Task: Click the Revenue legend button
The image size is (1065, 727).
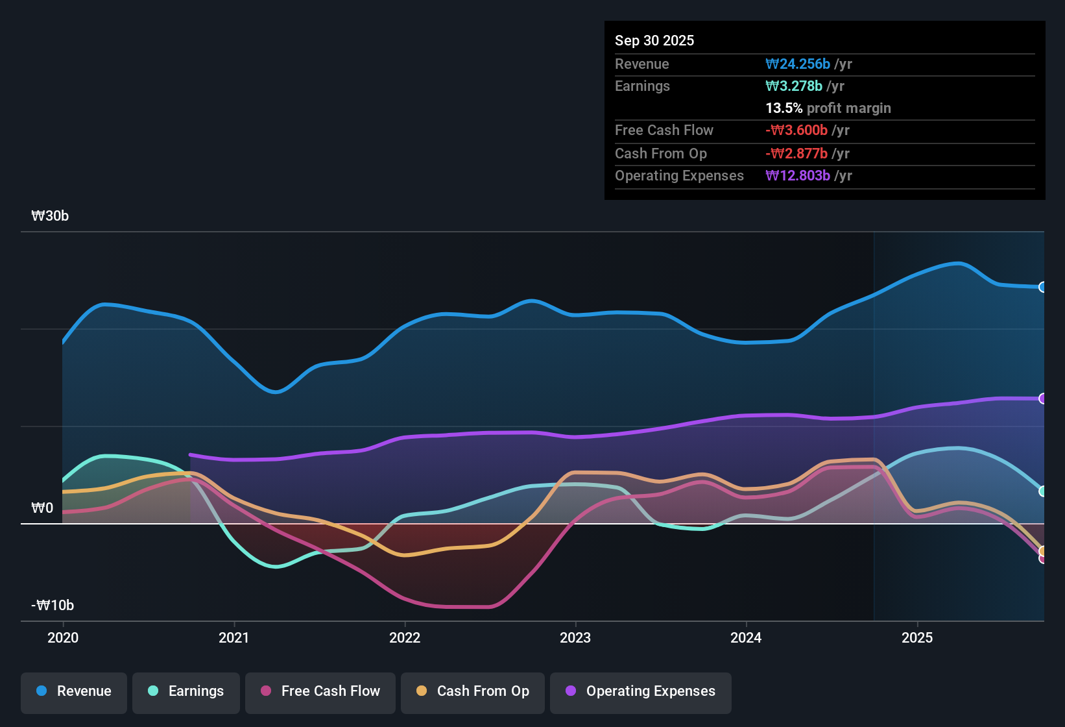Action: click(74, 691)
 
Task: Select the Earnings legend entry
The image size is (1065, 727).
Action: click(186, 691)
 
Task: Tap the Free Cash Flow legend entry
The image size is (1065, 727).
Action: click(320, 691)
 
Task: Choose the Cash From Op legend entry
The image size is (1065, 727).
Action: click(473, 691)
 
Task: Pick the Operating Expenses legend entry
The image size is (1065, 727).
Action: click(641, 691)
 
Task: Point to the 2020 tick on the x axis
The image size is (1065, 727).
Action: click(63, 637)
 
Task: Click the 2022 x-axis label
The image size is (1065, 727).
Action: click(405, 637)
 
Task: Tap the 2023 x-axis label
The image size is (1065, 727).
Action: click(575, 637)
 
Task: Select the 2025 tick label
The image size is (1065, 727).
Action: click(917, 637)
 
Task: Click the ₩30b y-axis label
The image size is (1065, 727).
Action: click(50, 216)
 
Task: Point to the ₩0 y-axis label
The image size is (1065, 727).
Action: click(42, 508)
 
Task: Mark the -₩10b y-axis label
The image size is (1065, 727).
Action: click(53, 605)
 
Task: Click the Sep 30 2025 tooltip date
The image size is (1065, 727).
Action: click(654, 40)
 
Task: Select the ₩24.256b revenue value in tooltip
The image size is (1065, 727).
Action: click(798, 64)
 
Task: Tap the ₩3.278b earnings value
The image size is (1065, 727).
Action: click(794, 86)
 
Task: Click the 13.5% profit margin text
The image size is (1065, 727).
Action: click(828, 108)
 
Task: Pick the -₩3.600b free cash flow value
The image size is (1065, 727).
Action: click(796, 130)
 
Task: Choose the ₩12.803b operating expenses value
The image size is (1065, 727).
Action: click(798, 175)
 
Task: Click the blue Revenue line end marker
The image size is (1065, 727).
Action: click(1042, 287)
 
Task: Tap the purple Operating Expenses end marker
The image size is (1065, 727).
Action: click(1042, 399)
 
